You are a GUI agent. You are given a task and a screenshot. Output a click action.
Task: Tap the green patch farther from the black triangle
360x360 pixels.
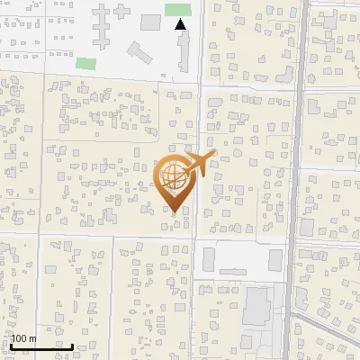coord(85,63)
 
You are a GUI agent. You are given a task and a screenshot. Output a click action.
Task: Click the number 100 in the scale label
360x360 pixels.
coord(20,338)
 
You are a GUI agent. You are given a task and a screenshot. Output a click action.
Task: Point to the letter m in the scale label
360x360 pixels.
coord(33,338)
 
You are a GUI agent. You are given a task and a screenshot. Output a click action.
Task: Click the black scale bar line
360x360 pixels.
coord(41,346)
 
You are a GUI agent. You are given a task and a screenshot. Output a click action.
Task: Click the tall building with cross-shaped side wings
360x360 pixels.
coord(101,20)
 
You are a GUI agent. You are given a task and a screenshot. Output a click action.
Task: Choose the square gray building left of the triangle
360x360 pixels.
coord(150,21)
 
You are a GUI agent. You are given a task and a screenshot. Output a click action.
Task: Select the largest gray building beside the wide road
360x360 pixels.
coord(258,307)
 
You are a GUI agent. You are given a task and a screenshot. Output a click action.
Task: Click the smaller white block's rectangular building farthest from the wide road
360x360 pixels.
coord(209,260)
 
